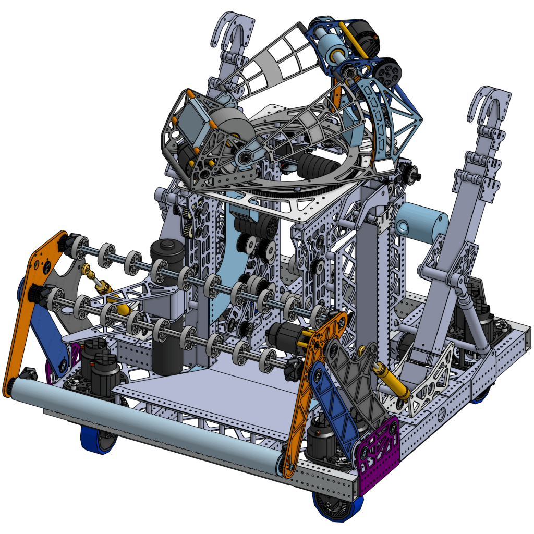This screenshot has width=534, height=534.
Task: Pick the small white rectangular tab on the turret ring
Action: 386,166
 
